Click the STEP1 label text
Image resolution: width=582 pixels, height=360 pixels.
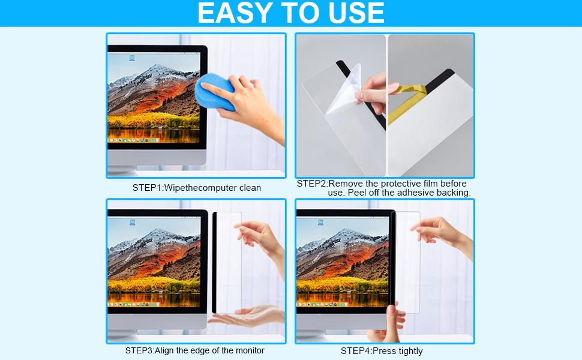click(x=147, y=188)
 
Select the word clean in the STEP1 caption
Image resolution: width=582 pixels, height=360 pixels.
click(x=250, y=188)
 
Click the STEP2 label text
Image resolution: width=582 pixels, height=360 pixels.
click(x=311, y=183)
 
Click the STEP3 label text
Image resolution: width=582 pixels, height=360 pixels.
click(x=139, y=350)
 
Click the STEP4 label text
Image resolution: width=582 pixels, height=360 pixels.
click(x=356, y=351)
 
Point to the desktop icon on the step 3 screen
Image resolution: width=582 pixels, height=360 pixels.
click(x=131, y=222)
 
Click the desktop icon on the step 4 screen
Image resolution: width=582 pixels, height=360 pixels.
click(x=320, y=223)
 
